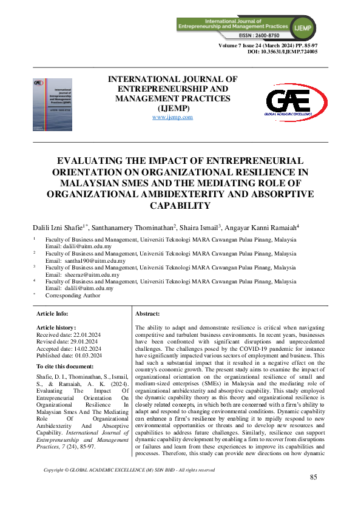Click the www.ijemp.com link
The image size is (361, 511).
pyautogui.click(x=172, y=117)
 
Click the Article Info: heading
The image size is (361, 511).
pyautogui.click(x=53, y=313)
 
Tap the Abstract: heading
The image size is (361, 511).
pyautogui.click(x=147, y=313)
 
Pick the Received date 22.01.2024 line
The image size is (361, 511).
pyautogui.click(x=69, y=334)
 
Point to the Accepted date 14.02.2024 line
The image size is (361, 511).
pyautogui.click(x=69, y=348)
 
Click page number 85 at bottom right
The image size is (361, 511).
pyautogui.click(x=313, y=477)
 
